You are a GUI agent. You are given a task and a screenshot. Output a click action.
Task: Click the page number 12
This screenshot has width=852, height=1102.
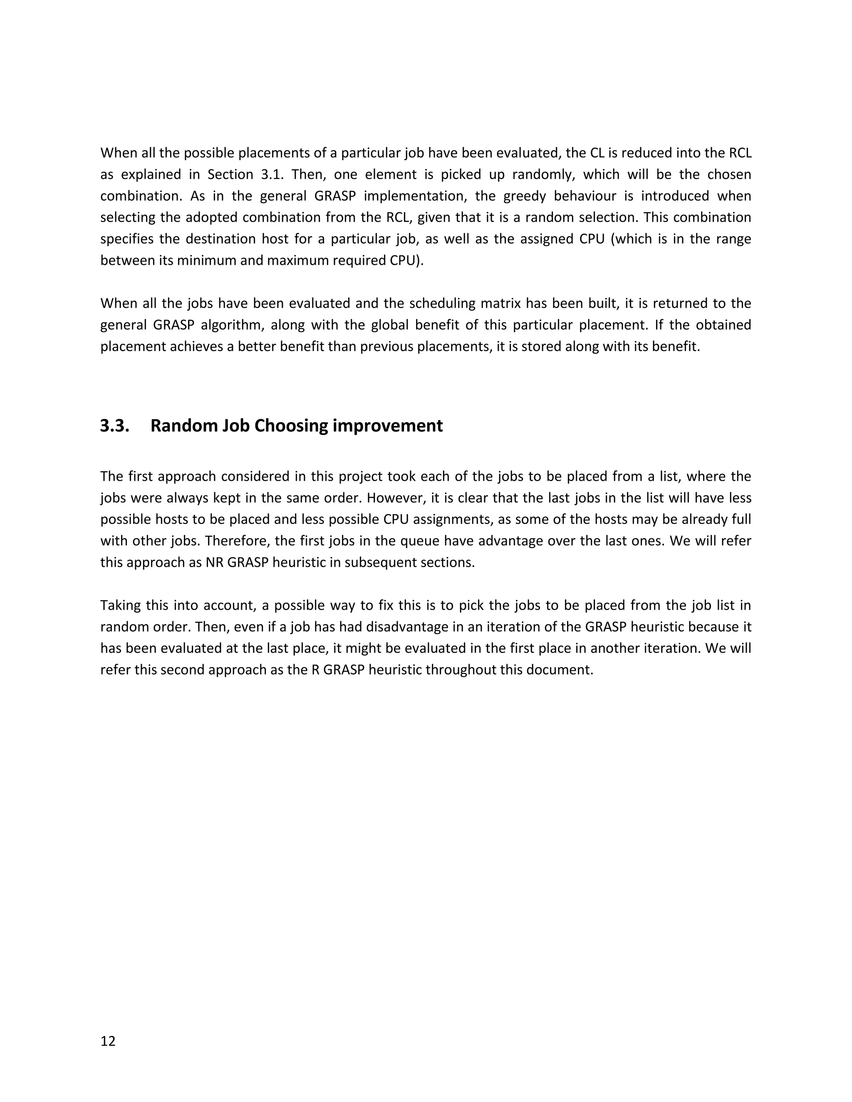108,1041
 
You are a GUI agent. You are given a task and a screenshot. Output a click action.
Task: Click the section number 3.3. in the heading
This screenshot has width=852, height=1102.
114,426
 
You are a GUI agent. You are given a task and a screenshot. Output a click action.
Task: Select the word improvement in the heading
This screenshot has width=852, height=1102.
388,426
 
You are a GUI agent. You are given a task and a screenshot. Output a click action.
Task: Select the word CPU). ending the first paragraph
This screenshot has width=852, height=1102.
406,260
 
